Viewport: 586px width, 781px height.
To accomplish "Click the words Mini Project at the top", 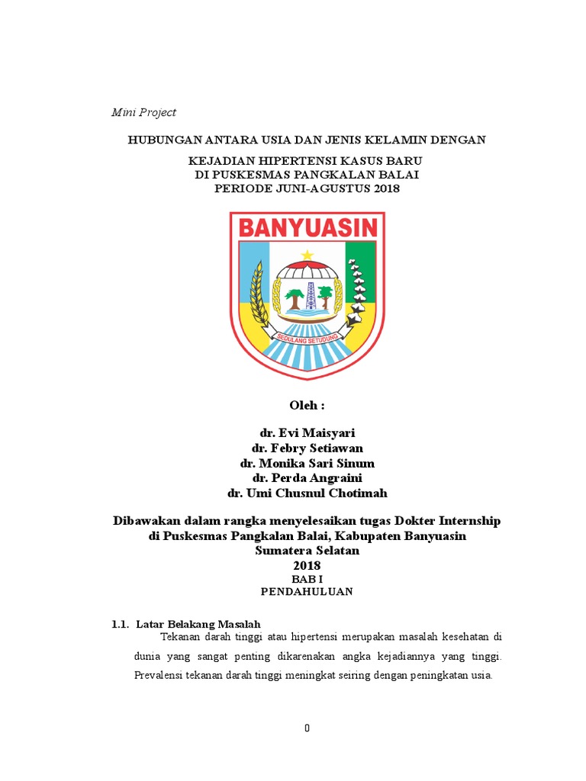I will point(143,112).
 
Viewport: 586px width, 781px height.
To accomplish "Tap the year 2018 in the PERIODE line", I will point(386,188).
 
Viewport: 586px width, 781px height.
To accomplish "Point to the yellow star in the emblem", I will point(307,255).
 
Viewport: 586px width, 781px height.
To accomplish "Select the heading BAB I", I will point(307,579).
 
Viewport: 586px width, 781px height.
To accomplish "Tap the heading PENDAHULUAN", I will point(307,591).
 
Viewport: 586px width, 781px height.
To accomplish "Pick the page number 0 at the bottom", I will point(307,728).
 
